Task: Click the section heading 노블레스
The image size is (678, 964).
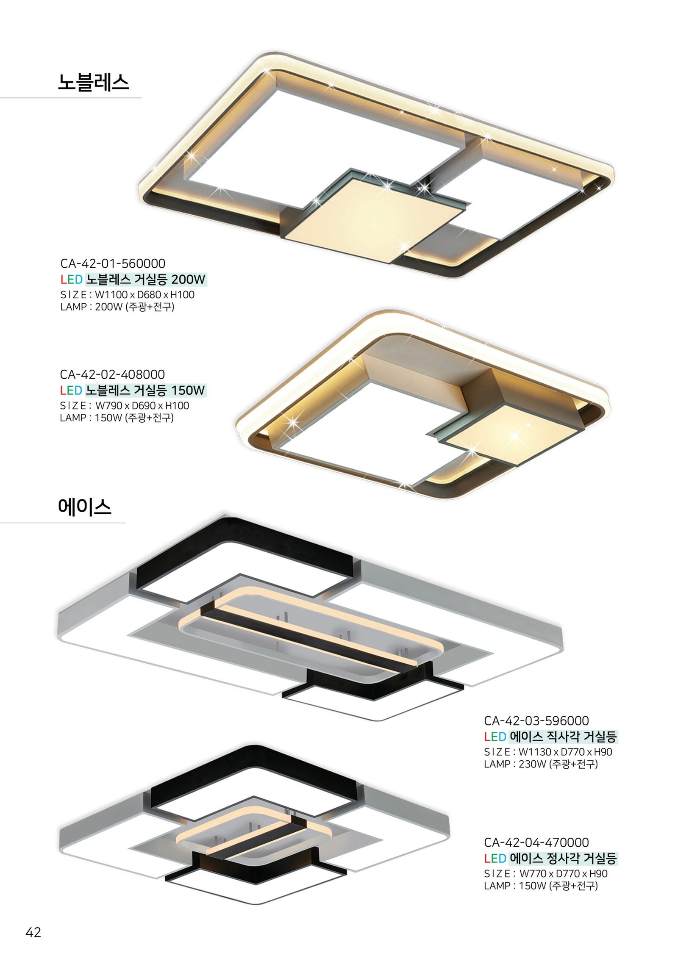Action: pyautogui.click(x=93, y=82)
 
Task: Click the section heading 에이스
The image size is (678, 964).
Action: pyautogui.click(x=85, y=506)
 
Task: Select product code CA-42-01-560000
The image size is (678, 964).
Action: pyautogui.click(x=113, y=263)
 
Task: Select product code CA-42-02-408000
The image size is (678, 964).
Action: pyautogui.click(x=112, y=374)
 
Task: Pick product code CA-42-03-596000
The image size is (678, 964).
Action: pyautogui.click(x=536, y=720)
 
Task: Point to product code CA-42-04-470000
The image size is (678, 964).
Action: pyautogui.click(x=536, y=842)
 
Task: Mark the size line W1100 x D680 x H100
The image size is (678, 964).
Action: pyautogui.click(x=128, y=295)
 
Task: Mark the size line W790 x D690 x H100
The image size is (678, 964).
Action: pyautogui.click(x=125, y=406)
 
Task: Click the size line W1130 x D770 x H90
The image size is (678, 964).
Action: pyautogui.click(x=548, y=752)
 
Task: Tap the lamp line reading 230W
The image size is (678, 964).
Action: pyautogui.click(x=541, y=764)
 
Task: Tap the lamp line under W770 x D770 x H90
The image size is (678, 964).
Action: pyautogui.click(x=541, y=886)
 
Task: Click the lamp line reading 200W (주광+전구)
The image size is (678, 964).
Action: pyautogui.click(x=117, y=307)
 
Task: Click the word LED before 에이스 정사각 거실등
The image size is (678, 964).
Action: pyautogui.click(x=495, y=859)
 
